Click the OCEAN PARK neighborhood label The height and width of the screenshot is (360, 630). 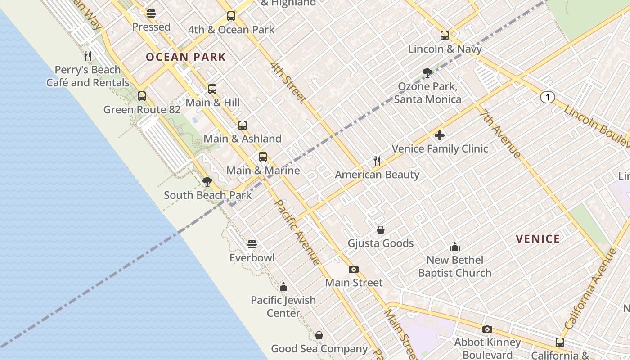(x=185, y=57)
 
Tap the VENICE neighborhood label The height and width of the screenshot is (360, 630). (x=538, y=239)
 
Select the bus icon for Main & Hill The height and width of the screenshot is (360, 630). (x=212, y=89)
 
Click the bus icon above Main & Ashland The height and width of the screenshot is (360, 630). (x=243, y=126)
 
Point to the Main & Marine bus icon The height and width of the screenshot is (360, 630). (x=263, y=157)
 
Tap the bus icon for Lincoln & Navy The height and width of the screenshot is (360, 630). (x=445, y=36)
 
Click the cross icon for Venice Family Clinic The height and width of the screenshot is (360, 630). (x=440, y=135)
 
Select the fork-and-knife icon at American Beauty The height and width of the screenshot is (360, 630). (x=377, y=161)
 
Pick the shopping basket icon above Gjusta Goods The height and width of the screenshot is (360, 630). (x=381, y=230)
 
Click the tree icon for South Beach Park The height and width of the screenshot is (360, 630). (x=207, y=182)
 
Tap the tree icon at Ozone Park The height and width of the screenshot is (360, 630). (x=427, y=73)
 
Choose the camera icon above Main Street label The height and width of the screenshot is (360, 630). (x=354, y=269)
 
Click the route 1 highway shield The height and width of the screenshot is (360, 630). (x=547, y=97)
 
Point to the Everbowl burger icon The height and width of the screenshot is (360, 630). (x=252, y=244)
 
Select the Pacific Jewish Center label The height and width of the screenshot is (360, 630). (x=283, y=306)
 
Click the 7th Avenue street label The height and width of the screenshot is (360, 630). (x=500, y=134)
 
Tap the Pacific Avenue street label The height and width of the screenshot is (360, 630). (x=297, y=232)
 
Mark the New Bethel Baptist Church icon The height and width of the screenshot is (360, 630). (x=455, y=247)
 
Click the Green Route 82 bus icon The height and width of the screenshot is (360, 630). (x=142, y=96)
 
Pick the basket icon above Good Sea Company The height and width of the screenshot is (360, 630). (x=319, y=335)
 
